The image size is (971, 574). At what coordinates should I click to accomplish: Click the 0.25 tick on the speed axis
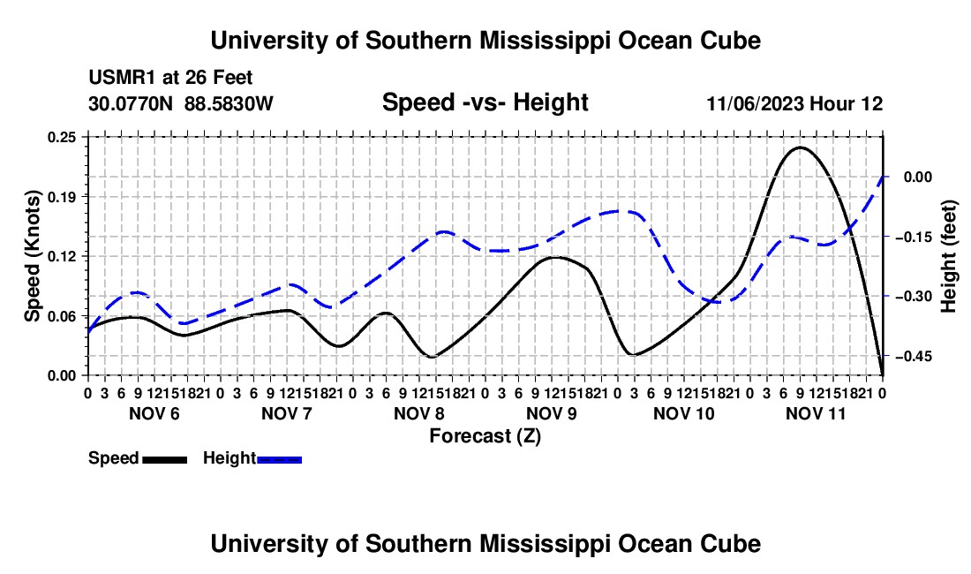(62, 138)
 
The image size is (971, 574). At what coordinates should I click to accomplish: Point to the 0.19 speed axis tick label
(62, 197)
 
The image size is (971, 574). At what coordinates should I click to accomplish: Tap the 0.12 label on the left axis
(62, 256)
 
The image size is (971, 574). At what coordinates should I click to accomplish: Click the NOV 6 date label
(154, 413)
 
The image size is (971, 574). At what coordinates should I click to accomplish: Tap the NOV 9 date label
(552, 413)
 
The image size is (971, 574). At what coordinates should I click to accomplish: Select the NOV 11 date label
(816, 413)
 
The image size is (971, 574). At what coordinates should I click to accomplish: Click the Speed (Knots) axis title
(32, 256)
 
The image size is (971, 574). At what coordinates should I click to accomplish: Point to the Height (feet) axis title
(949, 256)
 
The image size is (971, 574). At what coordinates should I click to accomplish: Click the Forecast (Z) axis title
(485, 436)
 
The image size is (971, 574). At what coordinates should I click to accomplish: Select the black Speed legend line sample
(165, 460)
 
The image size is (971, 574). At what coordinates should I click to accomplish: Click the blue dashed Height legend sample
(279, 460)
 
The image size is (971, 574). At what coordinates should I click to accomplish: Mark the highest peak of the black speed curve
(800, 147)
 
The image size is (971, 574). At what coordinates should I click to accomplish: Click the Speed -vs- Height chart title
(485, 102)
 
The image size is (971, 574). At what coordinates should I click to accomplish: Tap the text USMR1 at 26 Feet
(170, 78)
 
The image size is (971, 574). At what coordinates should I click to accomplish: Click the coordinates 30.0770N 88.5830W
(180, 103)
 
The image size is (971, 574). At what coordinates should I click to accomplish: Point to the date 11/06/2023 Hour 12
(794, 103)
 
